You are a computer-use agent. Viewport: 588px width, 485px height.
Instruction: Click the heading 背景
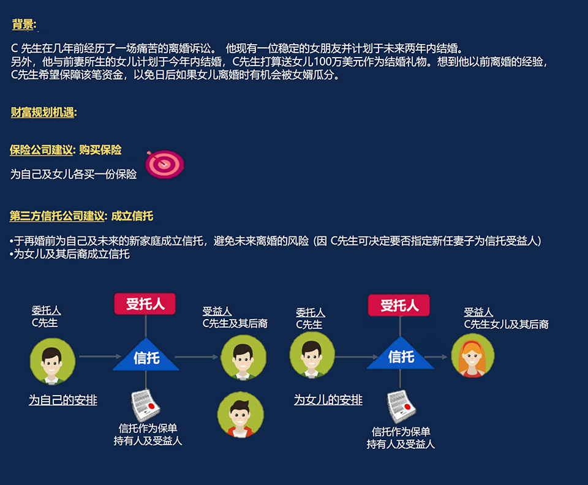point(24,24)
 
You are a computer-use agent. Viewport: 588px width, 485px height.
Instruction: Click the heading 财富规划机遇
point(43,113)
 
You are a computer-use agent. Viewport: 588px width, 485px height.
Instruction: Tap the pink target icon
point(164,164)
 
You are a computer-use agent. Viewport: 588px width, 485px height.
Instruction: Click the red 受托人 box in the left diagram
point(145,304)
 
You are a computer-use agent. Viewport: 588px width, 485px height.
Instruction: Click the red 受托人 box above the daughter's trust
point(399,305)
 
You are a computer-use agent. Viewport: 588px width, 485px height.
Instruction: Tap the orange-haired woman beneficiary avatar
point(472,356)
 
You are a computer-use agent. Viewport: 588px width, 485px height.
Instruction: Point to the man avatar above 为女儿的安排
point(312,357)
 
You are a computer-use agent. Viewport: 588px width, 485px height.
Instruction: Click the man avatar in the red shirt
point(240,414)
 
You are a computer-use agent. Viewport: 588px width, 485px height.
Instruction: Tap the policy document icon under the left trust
point(146,404)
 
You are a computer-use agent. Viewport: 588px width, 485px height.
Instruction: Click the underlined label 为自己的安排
point(63,400)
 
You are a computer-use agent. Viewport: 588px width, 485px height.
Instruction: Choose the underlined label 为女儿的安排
point(328,400)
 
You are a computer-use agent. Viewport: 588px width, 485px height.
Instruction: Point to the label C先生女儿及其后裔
point(505,325)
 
